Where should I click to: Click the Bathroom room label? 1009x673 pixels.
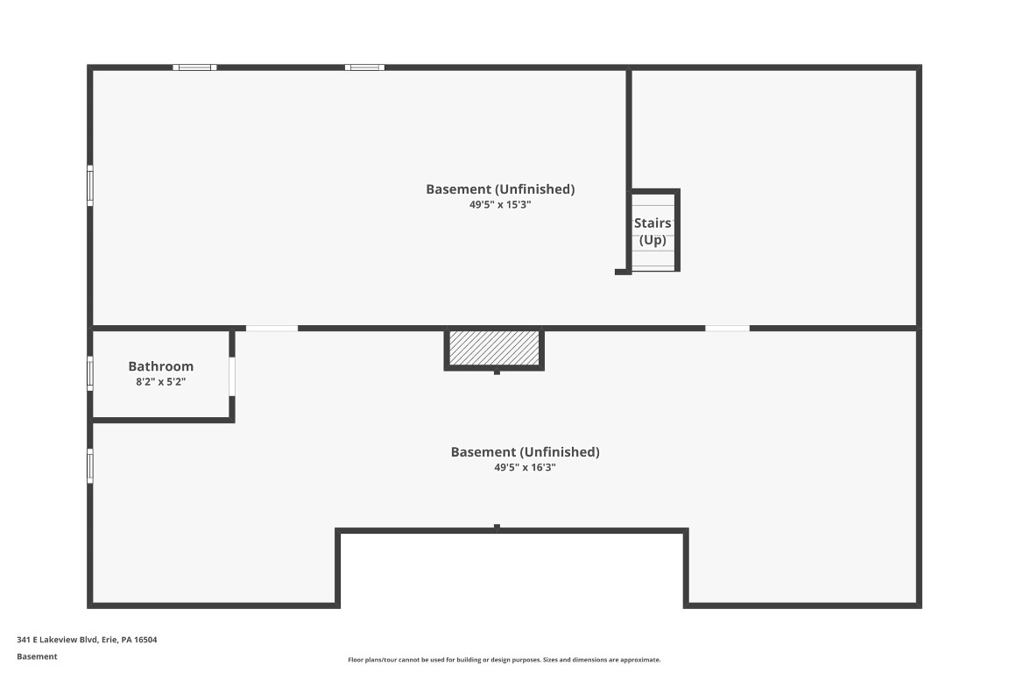tap(160, 366)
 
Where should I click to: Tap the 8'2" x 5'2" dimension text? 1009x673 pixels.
tap(160, 382)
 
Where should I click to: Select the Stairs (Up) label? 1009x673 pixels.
tap(653, 231)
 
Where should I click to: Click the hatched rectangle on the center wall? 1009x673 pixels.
tap(494, 349)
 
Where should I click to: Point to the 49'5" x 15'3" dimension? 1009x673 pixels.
tap(500, 204)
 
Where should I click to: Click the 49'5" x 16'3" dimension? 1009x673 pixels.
tap(525, 468)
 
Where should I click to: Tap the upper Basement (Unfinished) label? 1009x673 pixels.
tap(500, 189)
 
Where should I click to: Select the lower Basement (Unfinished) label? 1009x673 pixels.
tap(525, 452)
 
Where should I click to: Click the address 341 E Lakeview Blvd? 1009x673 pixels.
tap(88, 640)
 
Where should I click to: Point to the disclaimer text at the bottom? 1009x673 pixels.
tap(504, 660)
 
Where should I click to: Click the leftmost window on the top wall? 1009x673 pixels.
tap(194, 67)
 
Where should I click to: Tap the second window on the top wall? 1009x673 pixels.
tap(364, 67)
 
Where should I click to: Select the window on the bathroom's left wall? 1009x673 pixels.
tap(90, 373)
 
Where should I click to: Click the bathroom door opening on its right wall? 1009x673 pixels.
tap(232, 377)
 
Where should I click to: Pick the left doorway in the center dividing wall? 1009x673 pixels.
tap(272, 329)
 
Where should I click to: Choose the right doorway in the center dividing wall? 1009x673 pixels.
tap(727, 329)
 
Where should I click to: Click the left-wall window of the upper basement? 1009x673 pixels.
tap(90, 186)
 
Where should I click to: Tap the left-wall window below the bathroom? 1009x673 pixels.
tap(90, 465)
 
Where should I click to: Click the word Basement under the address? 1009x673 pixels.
tap(37, 656)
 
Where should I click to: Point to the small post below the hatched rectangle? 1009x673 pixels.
tap(497, 372)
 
